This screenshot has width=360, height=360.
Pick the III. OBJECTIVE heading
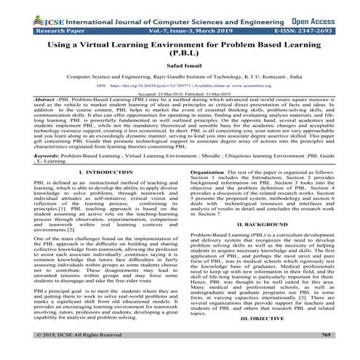click(269, 337)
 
